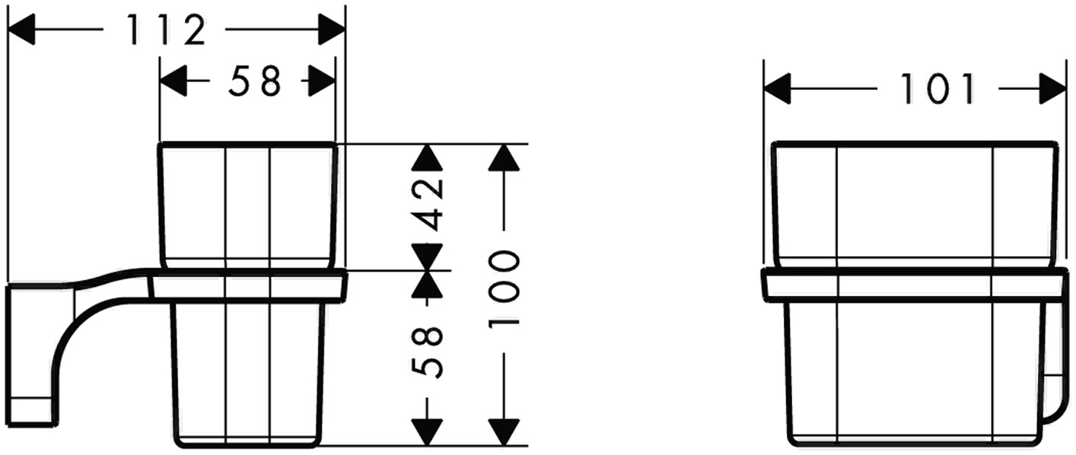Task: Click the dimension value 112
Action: pyautogui.click(x=165, y=30)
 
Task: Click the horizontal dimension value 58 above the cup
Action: pyautogui.click(x=255, y=81)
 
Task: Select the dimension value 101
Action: pyautogui.click(x=938, y=90)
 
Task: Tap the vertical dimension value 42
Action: pyautogui.click(x=428, y=204)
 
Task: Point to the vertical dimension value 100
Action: pyautogui.click(x=504, y=289)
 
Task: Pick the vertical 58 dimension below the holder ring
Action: pyautogui.click(x=428, y=351)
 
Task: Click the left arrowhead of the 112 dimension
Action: pyautogui.click(x=21, y=30)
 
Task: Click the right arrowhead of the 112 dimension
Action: pyautogui.click(x=332, y=30)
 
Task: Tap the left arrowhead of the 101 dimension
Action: pyautogui.click(x=777, y=89)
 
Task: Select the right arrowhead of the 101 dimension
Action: pyautogui.click(x=1053, y=89)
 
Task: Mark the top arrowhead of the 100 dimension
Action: pyautogui.click(x=504, y=157)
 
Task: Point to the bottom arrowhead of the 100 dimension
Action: pyautogui.click(x=504, y=431)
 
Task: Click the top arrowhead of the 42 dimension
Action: pyautogui.click(x=428, y=157)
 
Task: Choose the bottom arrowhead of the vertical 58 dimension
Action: pyautogui.click(x=428, y=431)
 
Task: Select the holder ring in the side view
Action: pyautogui.click(x=249, y=286)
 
